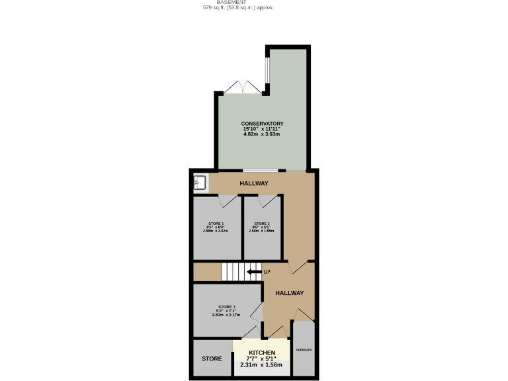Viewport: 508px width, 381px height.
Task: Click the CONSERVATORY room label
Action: click(x=262, y=124)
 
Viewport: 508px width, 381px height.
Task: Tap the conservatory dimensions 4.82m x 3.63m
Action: click(x=262, y=134)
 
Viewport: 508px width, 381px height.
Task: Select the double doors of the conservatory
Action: click(x=242, y=88)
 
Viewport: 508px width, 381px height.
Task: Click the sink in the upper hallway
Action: click(x=200, y=182)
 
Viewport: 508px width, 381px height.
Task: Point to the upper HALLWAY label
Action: click(x=253, y=183)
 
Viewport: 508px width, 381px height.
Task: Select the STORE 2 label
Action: click(x=262, y=224)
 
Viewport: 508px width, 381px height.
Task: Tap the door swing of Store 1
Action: click(x=228, y=200)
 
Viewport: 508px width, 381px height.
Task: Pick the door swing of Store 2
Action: click(x=268, y=200)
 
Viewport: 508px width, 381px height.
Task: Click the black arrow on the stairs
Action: click(x=253, y=271)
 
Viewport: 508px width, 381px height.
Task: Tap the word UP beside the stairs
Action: click(x=267, y=272)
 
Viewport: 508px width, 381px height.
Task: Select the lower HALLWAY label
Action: click(x=289, y=293)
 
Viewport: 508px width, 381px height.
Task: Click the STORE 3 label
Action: click(x=226, y=307)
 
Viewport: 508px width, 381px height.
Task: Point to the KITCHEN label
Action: click(x=261, y=353)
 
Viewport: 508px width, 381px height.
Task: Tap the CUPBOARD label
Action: click(x=304, y=349)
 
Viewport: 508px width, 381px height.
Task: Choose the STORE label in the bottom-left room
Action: click(x=212, y=359)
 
